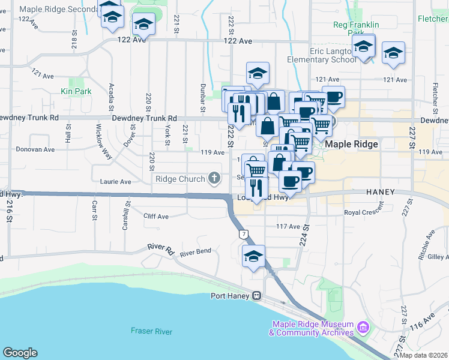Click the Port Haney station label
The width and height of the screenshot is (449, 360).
231,295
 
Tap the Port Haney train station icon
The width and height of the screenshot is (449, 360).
257,295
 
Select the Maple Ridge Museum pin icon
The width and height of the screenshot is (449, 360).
363,328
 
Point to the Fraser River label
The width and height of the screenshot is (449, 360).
151,331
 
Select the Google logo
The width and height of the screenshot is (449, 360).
20,353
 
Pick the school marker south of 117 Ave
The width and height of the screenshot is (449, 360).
253,257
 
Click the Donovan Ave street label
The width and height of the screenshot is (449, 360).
35,149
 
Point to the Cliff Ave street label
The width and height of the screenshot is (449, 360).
156,216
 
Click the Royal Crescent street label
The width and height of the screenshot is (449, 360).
364,212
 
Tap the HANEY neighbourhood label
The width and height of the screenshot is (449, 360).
381,192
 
